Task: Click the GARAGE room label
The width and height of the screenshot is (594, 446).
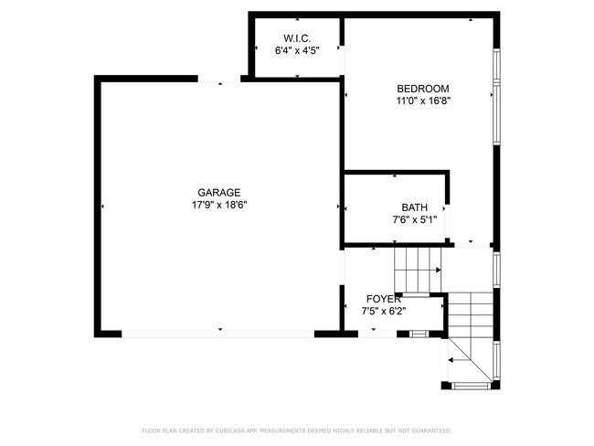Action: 218,192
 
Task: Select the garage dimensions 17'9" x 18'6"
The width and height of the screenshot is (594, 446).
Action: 218,205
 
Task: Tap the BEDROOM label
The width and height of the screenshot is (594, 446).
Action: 422,89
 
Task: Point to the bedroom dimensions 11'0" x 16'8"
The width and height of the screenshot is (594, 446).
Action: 422,101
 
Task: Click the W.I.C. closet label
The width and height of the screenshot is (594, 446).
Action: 297,37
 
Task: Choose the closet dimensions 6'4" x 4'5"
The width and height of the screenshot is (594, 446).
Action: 297,50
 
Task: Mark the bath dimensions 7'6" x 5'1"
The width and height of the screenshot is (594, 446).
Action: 414,219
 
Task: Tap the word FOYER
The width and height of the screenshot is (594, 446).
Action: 384,299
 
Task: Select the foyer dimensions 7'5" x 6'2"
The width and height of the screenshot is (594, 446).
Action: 384,312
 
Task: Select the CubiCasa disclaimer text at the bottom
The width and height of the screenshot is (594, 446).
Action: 297,430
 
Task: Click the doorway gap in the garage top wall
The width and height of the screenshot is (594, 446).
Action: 220,80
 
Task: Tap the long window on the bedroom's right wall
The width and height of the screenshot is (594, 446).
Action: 497,96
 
